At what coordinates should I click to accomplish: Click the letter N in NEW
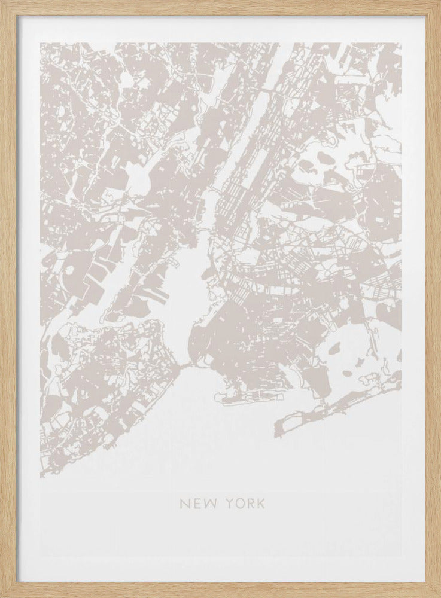coord(184,504)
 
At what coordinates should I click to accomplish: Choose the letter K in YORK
coord(261,504)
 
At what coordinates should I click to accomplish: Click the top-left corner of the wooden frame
coord(2,2)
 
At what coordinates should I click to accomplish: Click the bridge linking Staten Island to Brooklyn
coord(185,364)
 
